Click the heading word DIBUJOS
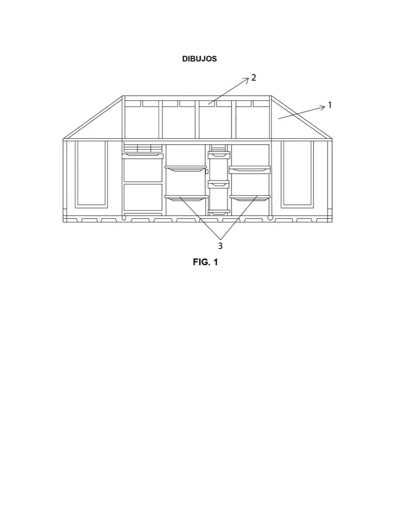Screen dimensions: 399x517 [199, 59]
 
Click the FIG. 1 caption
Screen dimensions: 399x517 [205, 262]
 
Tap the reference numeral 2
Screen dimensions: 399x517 [254, 78]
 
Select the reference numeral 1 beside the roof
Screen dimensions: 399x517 [329, 105]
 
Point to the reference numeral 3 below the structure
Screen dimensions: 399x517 [220, 246]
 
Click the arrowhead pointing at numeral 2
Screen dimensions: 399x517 [246, 80]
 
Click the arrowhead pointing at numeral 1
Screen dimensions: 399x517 [323, 108]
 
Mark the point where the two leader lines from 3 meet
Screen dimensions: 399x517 [221, 239]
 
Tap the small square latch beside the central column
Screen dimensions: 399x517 [207, 171]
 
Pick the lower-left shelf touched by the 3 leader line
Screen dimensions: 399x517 [186, 198]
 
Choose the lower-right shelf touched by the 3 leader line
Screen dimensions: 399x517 [250, 197]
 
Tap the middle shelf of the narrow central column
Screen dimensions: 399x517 [219, 183]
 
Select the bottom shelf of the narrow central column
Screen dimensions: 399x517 [219, 212]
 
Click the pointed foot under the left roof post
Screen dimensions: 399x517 [123, 218]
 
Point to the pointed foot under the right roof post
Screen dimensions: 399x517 [270, 218]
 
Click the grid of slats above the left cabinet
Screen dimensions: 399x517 [143, 149]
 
